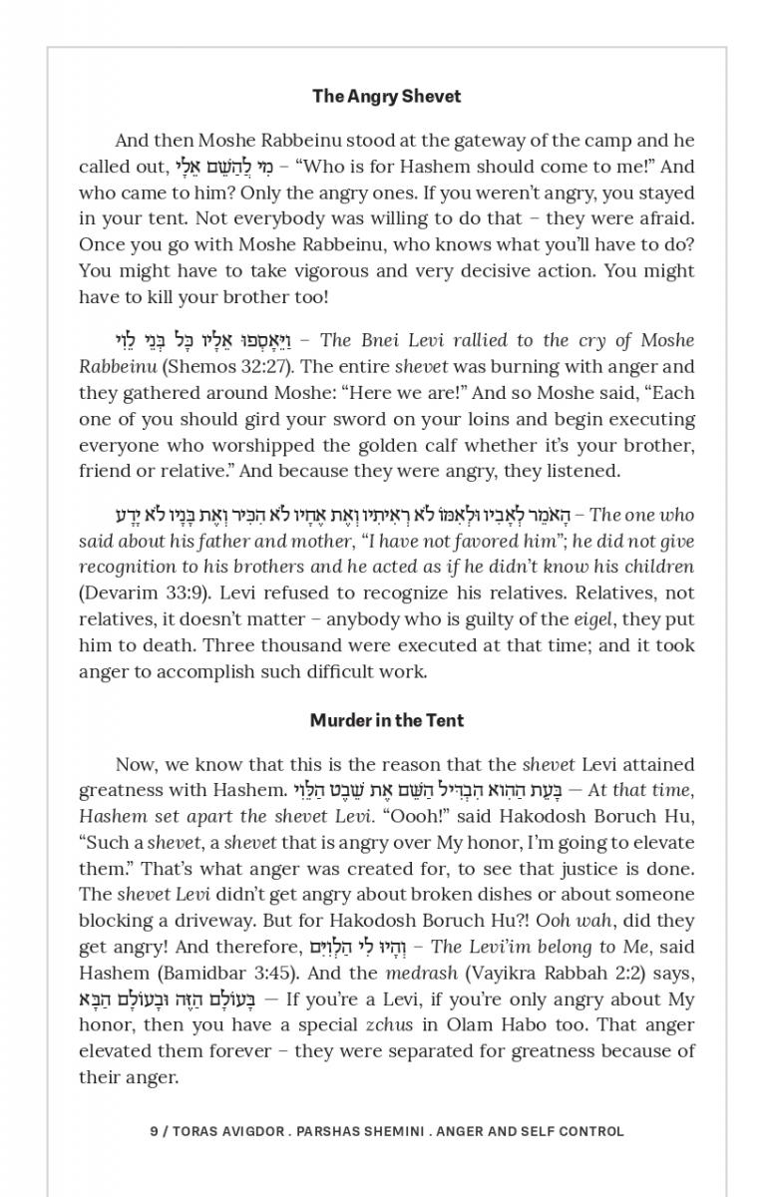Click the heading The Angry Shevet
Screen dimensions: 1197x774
click(x=386, y=97)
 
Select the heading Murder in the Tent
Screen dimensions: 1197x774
click(x=386, y=720)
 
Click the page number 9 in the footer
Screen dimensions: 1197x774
click(x=154, y=1131)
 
